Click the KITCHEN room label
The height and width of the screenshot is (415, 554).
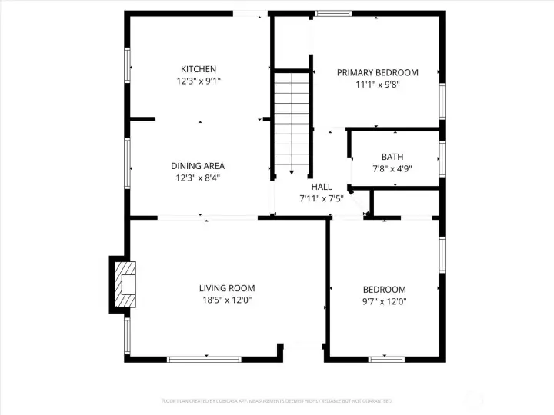tap(199, 69)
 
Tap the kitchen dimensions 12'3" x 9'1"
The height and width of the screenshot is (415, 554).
tap(199, 81)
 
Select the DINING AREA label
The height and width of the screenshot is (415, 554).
tap(198, 165)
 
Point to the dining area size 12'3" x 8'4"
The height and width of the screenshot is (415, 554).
tap(198, 178)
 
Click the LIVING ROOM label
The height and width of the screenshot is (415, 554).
tap(227, 288)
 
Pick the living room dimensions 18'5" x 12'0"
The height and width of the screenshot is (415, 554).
tap(227, 300)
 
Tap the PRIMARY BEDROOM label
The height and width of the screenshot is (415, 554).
tap(378, 73)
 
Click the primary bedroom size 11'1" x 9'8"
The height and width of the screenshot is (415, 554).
tap(378, 85)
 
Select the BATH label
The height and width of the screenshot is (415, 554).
tap(392, 157)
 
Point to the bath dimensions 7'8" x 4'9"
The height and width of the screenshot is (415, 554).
tap(392, 169)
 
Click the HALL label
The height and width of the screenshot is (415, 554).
tap(322, 187)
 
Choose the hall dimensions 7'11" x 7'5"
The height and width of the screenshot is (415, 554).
tap(322, 198)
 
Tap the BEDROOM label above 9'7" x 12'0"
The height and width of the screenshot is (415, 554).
tap(384, 290)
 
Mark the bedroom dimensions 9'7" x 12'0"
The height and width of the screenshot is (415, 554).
tap(384, 302)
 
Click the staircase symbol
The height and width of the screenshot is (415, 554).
tap(292, 119)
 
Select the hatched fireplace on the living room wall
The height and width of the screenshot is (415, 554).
tap(124, 284)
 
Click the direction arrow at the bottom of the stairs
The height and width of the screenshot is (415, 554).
tap(292, 172)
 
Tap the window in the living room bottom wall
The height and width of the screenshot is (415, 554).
tap(204, 358)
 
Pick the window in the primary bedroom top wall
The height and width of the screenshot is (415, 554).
tap(332, 13)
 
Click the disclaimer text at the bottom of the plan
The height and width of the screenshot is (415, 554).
tap(276, 400)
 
